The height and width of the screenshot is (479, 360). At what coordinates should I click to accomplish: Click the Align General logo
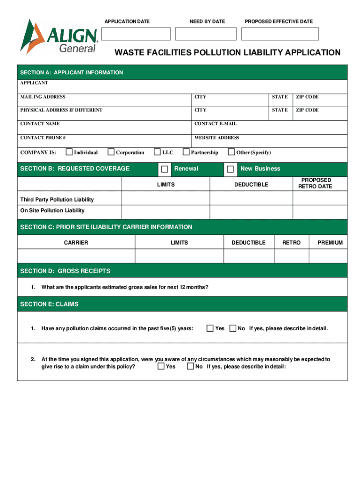[58, 37]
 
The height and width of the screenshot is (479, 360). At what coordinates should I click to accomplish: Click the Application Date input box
[136, 34]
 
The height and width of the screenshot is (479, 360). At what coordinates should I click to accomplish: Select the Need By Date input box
[206, 34]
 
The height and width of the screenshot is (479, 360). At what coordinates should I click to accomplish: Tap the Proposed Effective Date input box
[280, 34]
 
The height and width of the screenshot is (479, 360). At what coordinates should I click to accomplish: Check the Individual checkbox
[69, 152]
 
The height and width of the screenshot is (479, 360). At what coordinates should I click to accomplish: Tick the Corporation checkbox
[111, 152]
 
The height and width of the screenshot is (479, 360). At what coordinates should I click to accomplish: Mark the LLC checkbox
[157, 152]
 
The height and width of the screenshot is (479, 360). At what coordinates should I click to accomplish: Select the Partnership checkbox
[186, 152]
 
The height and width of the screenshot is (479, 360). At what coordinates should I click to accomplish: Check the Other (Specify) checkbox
[231, 152]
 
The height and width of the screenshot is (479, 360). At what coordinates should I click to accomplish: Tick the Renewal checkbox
[165, 169]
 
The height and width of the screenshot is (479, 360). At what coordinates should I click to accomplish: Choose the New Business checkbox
[230, 169]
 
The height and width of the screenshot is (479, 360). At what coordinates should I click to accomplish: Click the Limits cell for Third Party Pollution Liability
[166, 199]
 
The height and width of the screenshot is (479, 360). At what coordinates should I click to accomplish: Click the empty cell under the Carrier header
[76, 256]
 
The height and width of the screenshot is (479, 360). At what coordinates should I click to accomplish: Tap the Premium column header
[330, 242]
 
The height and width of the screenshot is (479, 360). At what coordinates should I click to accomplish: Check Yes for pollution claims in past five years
[210, 328]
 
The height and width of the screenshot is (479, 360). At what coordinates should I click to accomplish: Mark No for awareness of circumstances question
[190, 366]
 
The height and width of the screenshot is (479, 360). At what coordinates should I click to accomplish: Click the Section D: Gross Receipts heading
[65, 271]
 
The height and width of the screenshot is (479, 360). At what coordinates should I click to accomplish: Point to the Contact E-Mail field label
[216, 124]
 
